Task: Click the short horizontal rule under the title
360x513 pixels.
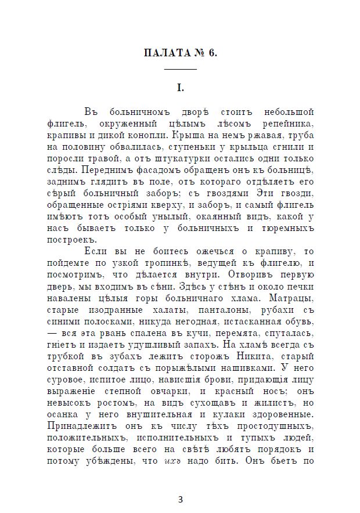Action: [x=181, y=70]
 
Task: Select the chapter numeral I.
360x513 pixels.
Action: [x=181, y=88]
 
